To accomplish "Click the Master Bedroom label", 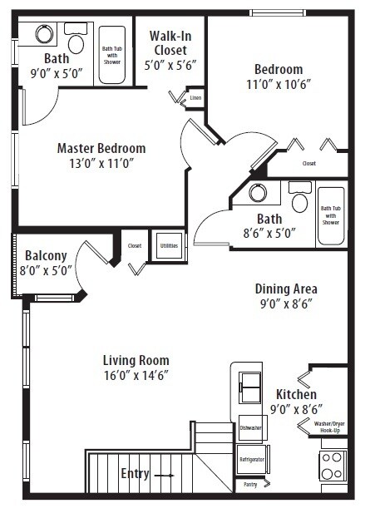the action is (x=101, y=149).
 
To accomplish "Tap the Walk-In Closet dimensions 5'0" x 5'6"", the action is (x=170, y=65).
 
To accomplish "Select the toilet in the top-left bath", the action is (x=76, y=38).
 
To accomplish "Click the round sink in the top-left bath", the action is (x=44, y=34).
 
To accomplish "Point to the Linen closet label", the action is (x=195, y=98).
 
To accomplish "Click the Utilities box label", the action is (x=169, y=246).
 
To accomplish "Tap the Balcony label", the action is (x=46, y=256).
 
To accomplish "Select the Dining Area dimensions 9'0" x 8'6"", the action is (x=286, y=303).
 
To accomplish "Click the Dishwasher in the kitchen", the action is (x=254, y=428).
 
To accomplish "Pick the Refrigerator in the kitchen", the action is (x=252, y=459).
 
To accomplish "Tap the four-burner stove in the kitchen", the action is (x=333, y=466).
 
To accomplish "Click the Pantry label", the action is (x=250, y=485).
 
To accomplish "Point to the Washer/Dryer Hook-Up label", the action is (x=329, y=427).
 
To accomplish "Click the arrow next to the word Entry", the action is (x=165, y=476).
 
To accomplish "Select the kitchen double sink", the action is (x=250, y=387).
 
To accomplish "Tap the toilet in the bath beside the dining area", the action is (x=300, y=197).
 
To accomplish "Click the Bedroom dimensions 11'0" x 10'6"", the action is (x=279, y=84).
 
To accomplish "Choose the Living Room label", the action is (x=136, y=360).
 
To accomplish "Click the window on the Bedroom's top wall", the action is (x=278, y=13).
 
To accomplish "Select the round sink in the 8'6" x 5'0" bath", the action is (x=258, y=192).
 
